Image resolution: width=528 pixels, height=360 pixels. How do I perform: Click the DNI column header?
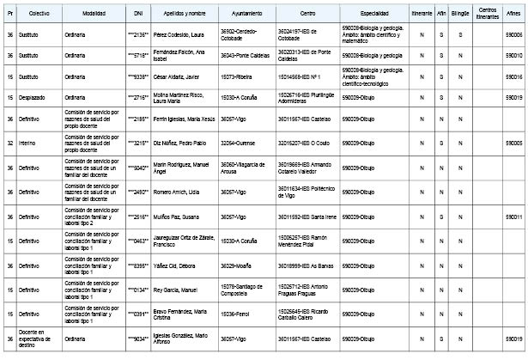pyautogui.click(x=139, y=15)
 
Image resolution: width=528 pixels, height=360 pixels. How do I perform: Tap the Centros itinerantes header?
pyautogui.click(x=487, y=15)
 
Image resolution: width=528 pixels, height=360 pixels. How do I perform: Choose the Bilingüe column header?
pyautogui.click(x=461, y=15)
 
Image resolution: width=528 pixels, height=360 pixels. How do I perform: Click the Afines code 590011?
pyautogui.click(x=513, y=218)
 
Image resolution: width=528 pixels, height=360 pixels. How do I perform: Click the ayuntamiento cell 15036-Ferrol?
pyautogui.click(x=235, y=314)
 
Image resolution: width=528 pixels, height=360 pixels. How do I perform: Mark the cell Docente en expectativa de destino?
pyautogui.click(x=39, y=339)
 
